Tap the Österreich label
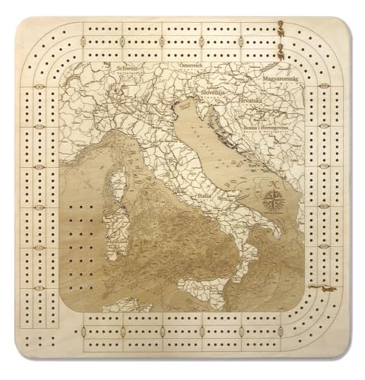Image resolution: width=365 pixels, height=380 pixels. (x=193, y=66)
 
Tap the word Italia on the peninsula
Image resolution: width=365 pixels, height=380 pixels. (x=205, y=196)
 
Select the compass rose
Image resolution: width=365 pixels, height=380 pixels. (x=272, y=201)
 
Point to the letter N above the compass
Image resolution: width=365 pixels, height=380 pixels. (x=272, y=185)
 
